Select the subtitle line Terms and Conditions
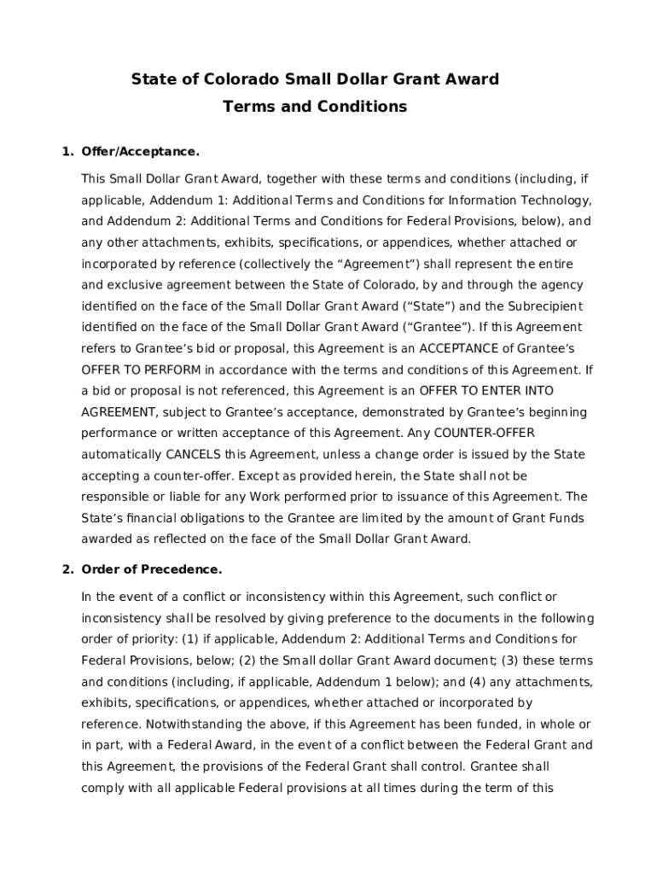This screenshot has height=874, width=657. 315,107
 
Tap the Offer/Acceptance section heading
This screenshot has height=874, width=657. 141,152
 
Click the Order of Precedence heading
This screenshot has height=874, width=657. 152,569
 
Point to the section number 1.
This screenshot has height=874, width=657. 66,152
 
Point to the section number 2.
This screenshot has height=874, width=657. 66,569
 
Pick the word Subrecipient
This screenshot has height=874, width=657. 547,306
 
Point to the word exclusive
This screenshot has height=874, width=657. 133,285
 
